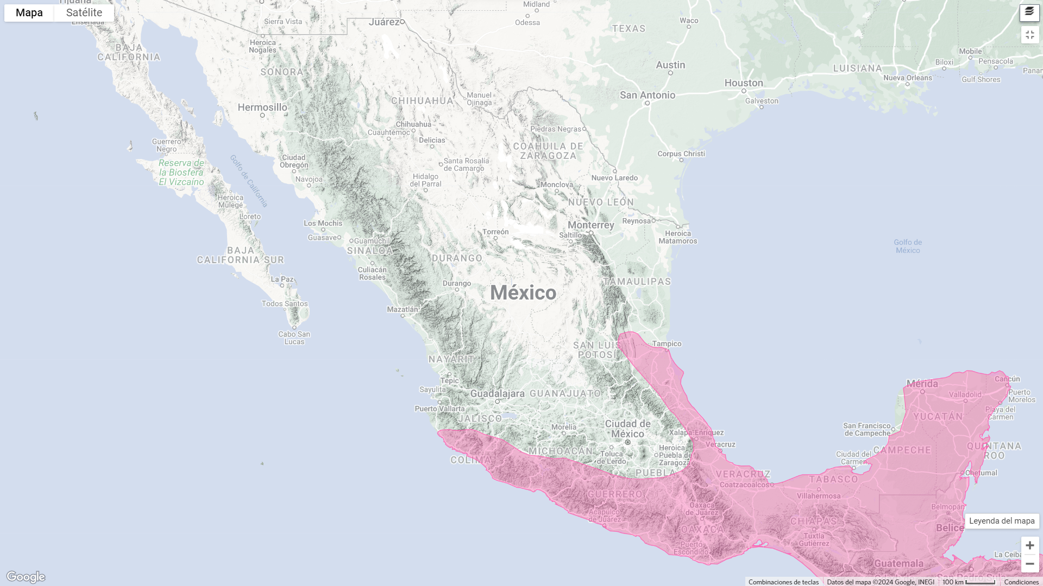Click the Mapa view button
[x=29, y=12]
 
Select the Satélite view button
[x=84, y=12]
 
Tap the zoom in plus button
[x=1029, y=545]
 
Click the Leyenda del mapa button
[x=1001, y=521]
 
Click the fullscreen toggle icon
[x=1029, y=35]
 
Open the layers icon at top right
[x=1029, y=12]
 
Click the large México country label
[x=523, y=293]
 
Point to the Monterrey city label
[x=590, y=225]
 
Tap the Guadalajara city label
[x=497, y=394]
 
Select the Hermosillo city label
[x=262, y=107]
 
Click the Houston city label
[x=744, y=83]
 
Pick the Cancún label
[x=1007, y=379]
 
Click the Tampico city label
[x=667, y=343]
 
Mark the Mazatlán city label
[x=403, y=309]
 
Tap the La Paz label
[x=282, y=279]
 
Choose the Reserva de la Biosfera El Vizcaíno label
[x=181, y=173]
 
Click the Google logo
[x=26, y=576]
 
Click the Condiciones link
[x=1021, y=582]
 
